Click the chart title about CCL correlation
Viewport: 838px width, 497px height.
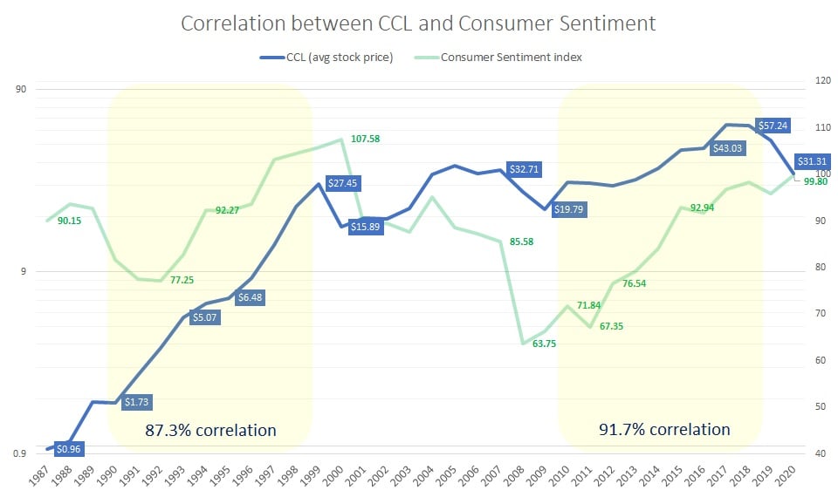(x=418, y=24)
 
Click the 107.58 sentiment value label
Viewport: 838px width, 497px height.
(x=366, y=139)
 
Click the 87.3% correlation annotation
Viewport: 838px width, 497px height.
(x=210, y=430)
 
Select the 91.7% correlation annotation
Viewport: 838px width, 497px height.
(x=664, y=429)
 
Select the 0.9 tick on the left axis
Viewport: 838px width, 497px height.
(x=19, y=453)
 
